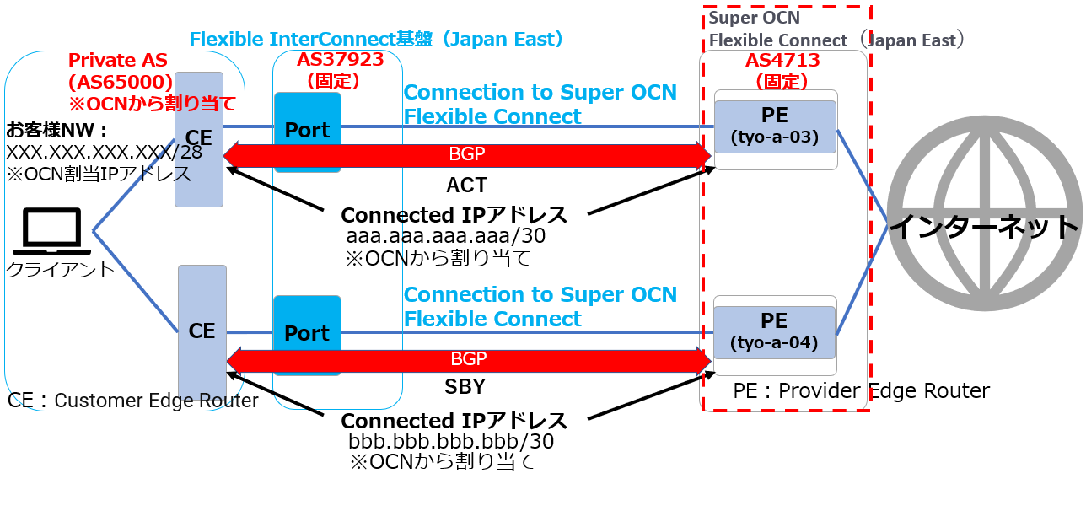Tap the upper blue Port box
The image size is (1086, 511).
(307, 131)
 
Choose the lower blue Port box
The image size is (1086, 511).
(307, 334)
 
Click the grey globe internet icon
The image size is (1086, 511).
(984, 225)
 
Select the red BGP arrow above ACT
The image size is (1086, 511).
(468, 155)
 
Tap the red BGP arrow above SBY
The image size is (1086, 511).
(468, 359)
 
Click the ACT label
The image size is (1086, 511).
(467, 185)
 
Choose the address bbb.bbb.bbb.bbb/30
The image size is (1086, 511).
(451, 441)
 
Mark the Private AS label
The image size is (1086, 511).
(118, 61)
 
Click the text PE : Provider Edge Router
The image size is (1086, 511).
(860, 390)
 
